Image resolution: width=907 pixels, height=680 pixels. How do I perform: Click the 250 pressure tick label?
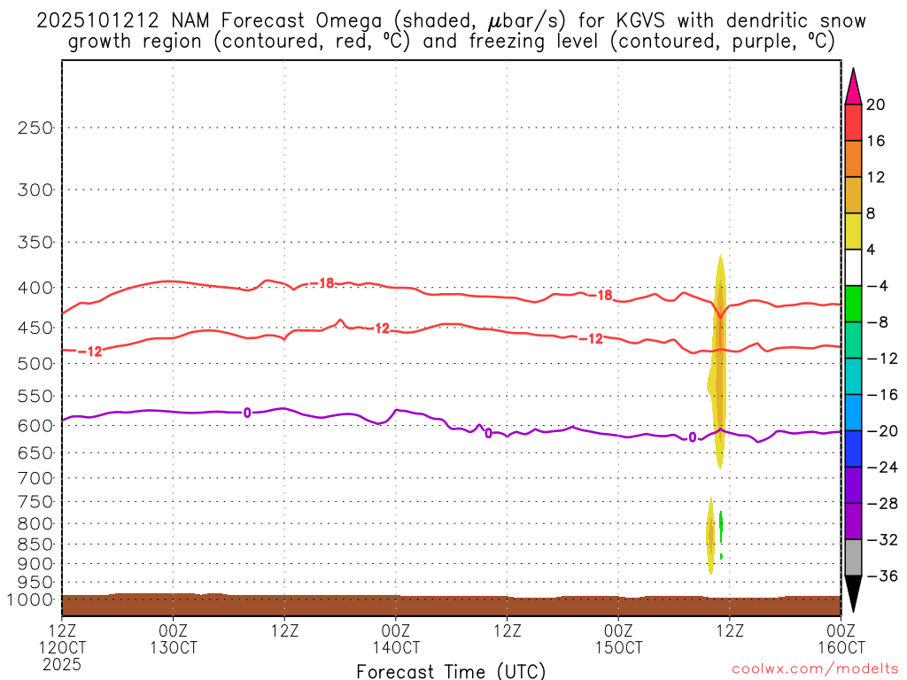pyautogui.click(x=35, y=127)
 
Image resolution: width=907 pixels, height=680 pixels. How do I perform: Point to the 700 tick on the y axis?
pyautogui.click(x=35, y=478)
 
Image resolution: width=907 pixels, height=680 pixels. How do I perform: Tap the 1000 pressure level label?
pyautogui.click(x=32, y=600)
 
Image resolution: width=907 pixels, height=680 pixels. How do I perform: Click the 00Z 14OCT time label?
pyautogui.click(x=395, y=637)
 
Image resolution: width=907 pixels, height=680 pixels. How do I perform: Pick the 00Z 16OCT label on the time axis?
pyautogui.click(x=840, y=637)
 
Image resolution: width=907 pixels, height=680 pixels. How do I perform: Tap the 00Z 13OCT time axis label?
pyautogui.click(x=173, y=637)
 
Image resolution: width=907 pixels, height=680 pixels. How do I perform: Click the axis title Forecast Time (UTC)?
pyautogui.click(x=451, y=670)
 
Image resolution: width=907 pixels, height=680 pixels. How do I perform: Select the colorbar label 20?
pyautogui.click(x=876, y=104)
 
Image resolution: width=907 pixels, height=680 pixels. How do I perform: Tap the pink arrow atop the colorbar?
pyautogui.click(x=853, y=87)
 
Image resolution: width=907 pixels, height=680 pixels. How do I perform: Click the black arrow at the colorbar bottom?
pyautogui.click(x=853, y=593)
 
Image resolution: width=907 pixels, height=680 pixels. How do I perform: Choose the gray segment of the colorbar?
pyautogui.click(x=853, y=558)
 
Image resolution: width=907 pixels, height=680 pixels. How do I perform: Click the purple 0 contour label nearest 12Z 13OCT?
pyautogui.click(x=247, y=413)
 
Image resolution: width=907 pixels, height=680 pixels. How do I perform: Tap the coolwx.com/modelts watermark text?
pyautogui.click(x=815, y=670)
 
